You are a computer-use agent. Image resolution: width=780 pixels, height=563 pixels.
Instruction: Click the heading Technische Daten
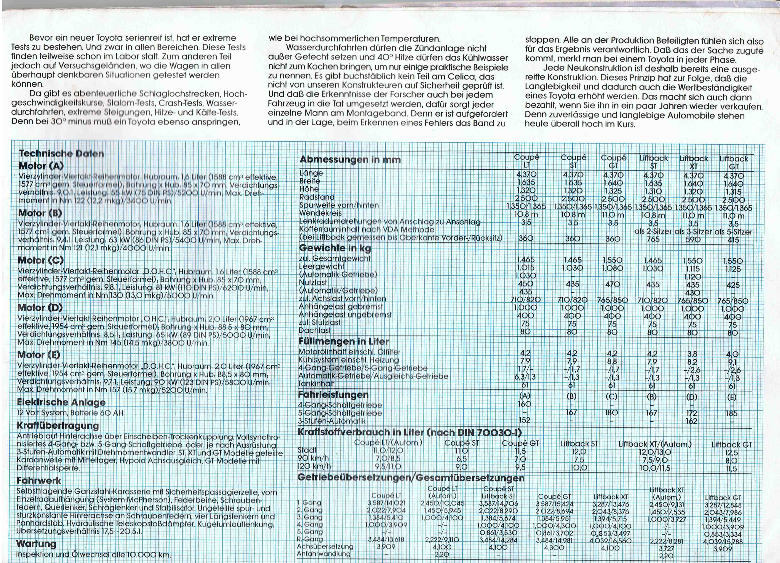tap(61, 153)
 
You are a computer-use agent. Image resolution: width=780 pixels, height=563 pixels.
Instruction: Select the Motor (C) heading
tap(41, 260)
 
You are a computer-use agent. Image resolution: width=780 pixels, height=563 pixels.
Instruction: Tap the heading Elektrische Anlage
tap(61, 402)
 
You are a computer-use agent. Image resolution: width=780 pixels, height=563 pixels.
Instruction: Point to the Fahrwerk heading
tap(39, 480)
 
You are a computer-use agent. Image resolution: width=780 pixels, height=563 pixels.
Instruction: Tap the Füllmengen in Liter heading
tap(343, 341)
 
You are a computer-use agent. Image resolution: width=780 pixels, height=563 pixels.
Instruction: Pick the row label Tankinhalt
tap(316, 384)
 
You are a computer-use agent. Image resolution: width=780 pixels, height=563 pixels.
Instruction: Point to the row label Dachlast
tap(314, 330)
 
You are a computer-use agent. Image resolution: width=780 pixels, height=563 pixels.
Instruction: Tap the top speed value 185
tap(731, 413)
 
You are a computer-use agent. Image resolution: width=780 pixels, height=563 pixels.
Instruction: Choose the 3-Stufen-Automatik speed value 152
tap(524, 420)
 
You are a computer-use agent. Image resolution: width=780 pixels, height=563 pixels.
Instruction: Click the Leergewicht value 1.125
tap(733, 269)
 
